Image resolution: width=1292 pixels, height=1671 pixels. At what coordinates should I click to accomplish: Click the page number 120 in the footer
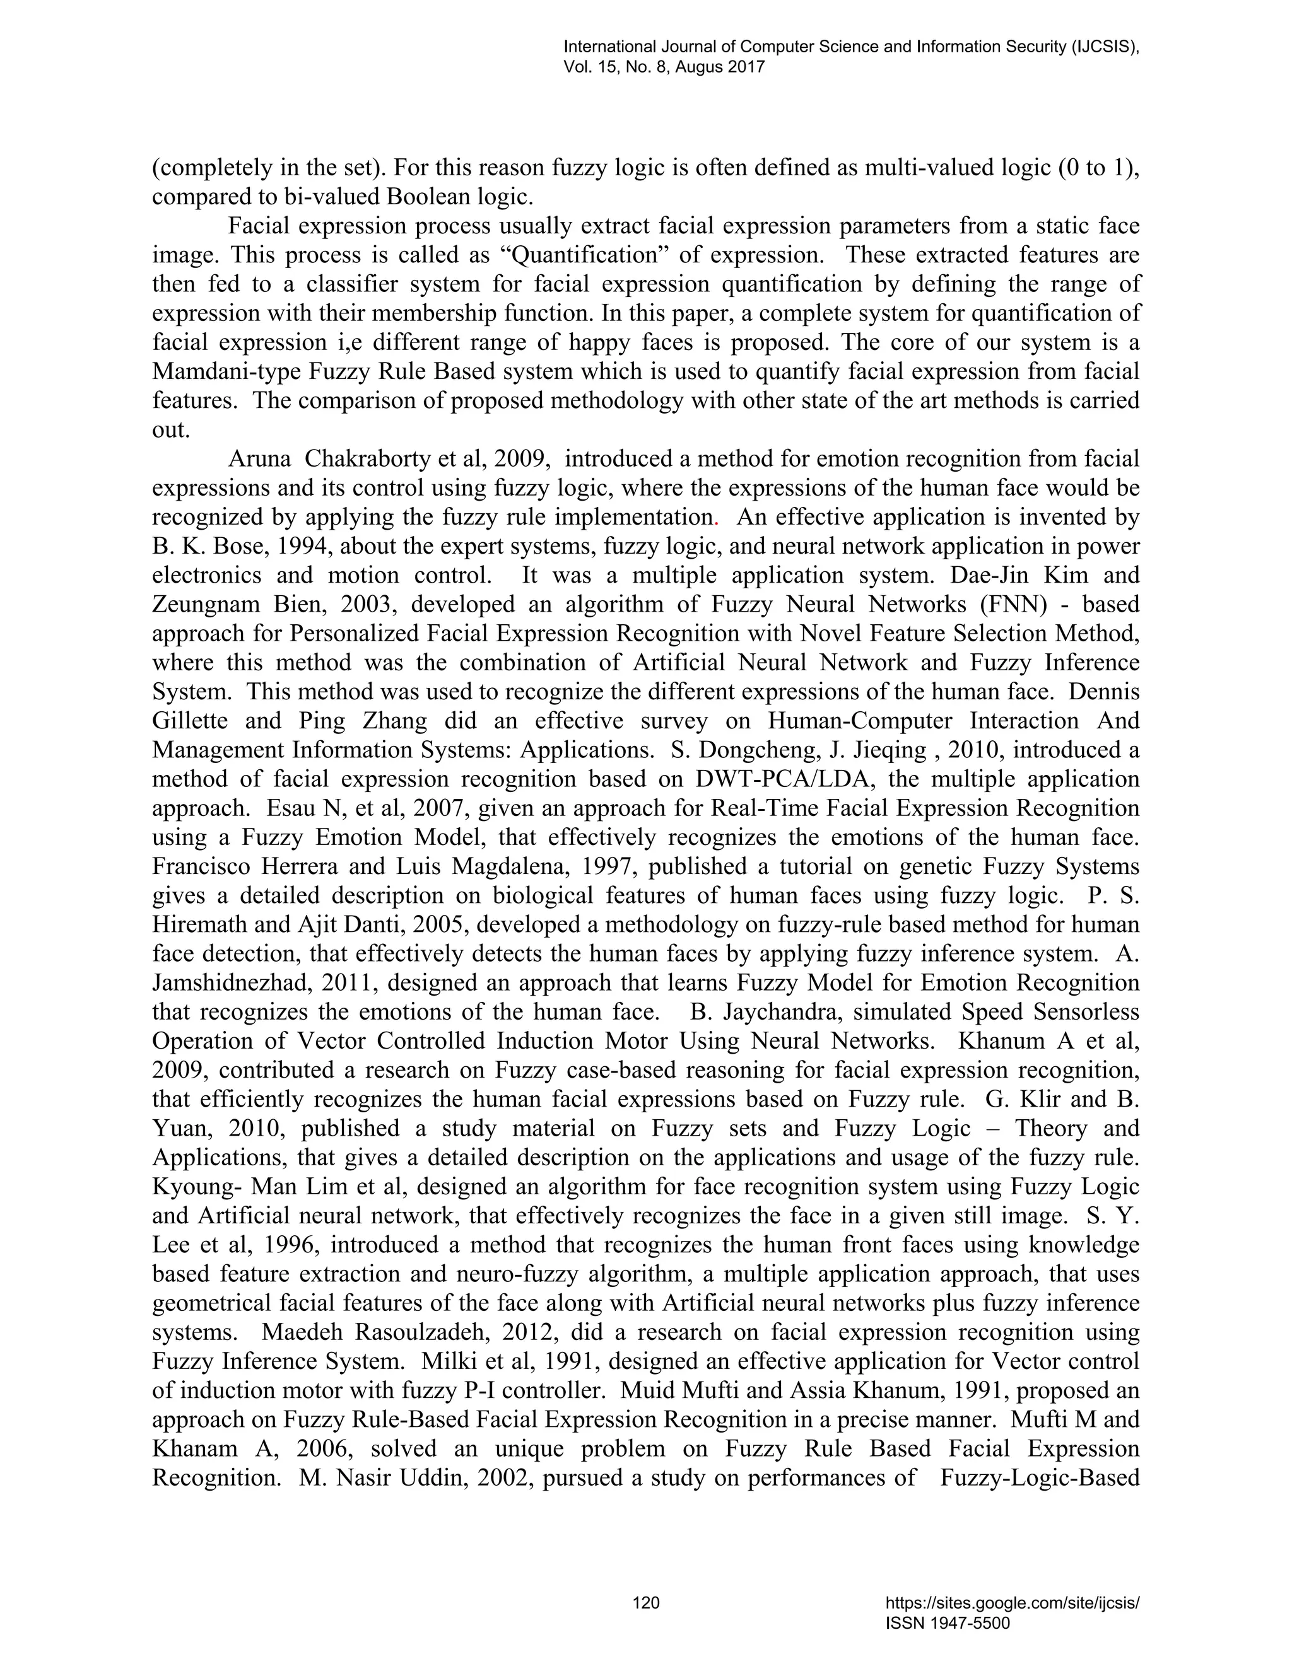[646, 1602]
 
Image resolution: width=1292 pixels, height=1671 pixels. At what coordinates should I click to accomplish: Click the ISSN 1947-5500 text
[948, 1624]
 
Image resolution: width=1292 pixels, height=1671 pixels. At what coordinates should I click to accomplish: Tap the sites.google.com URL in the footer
[1012, 1603]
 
